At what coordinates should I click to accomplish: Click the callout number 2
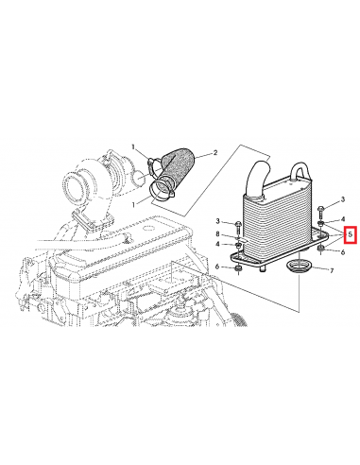point(215,153)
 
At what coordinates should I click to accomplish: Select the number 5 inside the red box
point(350,234)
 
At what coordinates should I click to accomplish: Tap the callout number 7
point(332,270)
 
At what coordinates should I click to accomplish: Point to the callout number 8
point(217,234)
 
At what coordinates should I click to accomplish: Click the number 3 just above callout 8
point(217,221)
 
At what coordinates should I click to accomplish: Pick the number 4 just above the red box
point(343,219)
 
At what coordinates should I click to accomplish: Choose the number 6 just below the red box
point(343,252)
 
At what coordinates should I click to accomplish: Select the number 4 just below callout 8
point(217,244)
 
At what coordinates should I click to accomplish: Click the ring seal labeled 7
point(299,267)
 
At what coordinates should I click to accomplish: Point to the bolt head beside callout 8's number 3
point(238,224)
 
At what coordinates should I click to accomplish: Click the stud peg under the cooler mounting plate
point(263,268)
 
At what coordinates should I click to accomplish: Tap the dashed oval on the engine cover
point(148,227)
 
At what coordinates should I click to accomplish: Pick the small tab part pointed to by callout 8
point(245,240)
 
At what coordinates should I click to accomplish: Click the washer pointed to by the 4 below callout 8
point(238,245)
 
